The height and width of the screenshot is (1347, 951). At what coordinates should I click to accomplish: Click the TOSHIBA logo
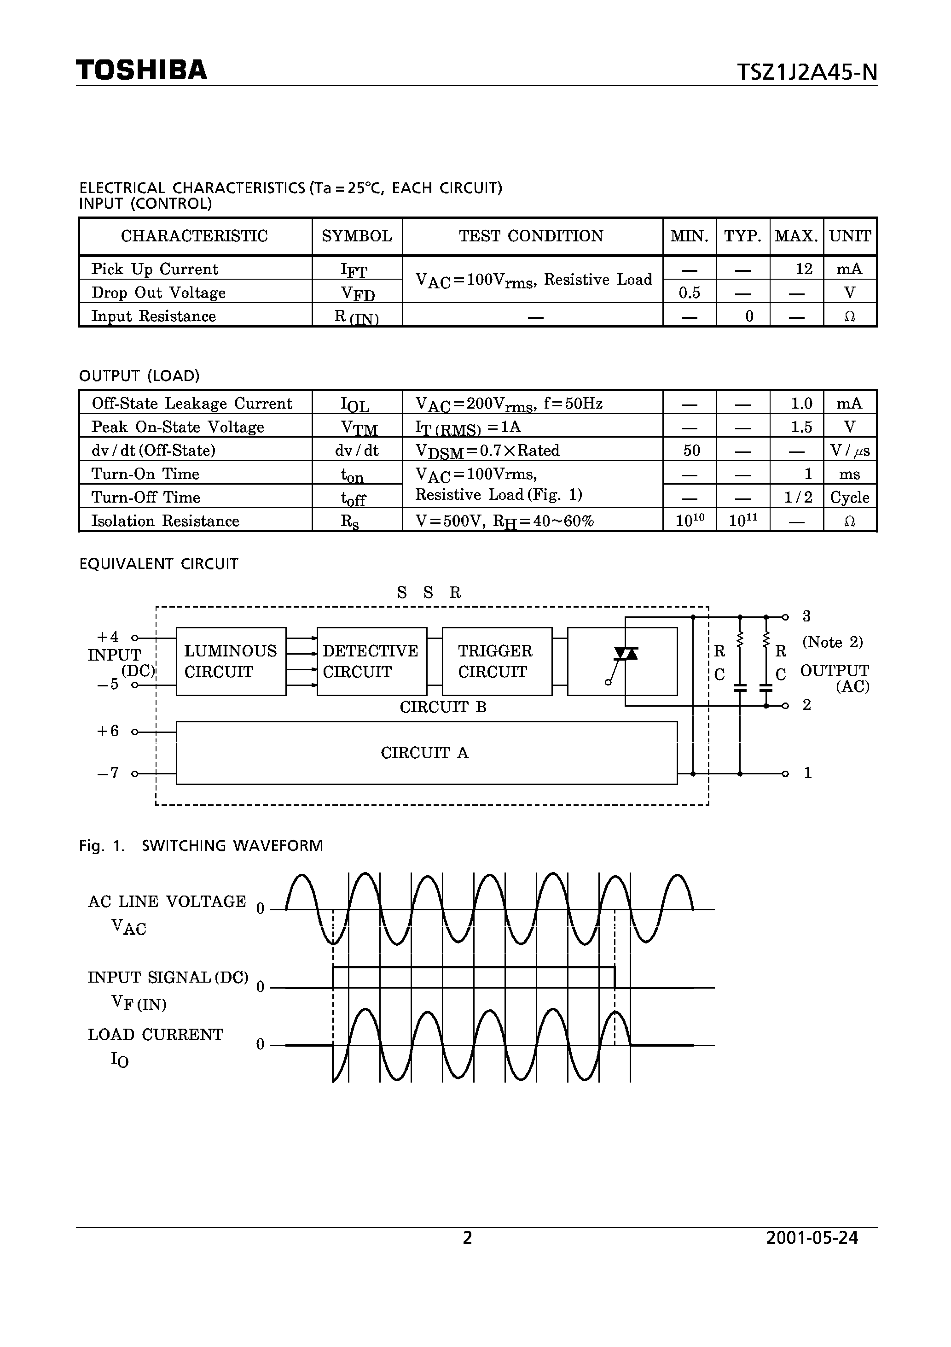coord(141,70)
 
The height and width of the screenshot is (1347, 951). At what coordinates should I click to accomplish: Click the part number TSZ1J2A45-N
coord(807,72)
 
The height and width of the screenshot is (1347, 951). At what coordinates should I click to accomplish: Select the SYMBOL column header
coord(356,236)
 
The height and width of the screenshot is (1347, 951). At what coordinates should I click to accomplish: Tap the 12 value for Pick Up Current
coord(803,269)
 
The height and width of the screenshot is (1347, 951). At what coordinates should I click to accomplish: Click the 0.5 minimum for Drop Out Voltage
coord(689,292)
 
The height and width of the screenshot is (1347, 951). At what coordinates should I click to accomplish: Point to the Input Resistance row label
coord(154,316)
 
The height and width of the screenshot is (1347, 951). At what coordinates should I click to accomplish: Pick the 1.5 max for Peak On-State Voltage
coord(801,427)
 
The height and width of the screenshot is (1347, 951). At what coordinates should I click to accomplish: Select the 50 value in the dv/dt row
coord(692,451)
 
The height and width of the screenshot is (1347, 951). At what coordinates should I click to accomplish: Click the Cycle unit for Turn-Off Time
coord(850,498)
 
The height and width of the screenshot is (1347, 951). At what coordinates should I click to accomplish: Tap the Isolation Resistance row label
coord(165,521)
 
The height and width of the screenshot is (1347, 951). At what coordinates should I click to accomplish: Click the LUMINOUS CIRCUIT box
coord(231,661)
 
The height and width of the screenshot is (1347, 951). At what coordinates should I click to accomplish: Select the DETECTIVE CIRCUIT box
coord(371,661)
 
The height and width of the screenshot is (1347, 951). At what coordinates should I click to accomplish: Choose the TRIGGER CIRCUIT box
coord(496,661)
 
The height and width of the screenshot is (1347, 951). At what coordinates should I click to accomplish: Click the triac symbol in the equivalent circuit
coord(625,655)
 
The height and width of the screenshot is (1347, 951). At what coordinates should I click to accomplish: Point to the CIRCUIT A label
coord(425,753)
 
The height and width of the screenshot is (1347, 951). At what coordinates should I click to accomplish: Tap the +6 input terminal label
coord(108,731)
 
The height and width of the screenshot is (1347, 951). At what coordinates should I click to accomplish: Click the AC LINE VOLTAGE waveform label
coord(167,901)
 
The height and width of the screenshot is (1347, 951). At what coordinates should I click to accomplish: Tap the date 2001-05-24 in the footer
coord(812,1254)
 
